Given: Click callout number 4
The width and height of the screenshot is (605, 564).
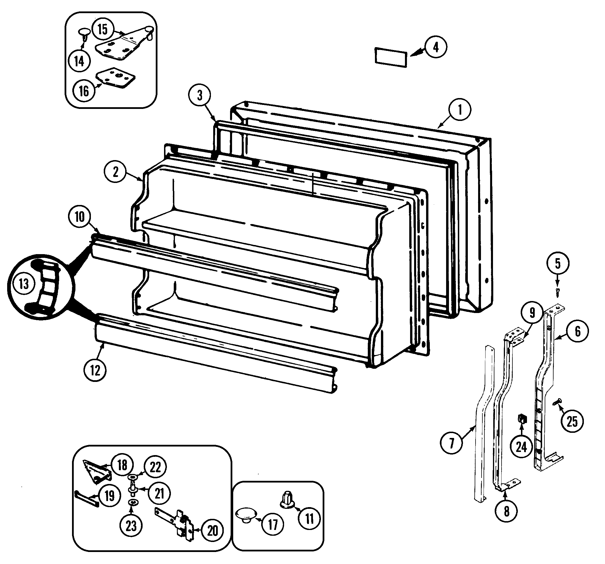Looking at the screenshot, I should pos(436,47).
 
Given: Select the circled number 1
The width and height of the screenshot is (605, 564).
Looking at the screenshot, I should pos(460,109).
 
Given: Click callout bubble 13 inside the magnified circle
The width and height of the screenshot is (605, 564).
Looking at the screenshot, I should pos(24,284).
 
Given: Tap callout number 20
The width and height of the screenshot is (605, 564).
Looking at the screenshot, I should pos(212,531).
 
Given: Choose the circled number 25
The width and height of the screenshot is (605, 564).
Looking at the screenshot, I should pos(572,422).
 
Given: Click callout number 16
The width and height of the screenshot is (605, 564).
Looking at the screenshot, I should pos(84,91).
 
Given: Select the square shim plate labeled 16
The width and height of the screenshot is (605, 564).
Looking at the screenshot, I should pos(116,78).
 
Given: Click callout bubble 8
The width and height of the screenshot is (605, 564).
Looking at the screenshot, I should pos(506,511).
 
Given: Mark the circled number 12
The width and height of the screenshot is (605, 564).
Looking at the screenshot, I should pos(95,370).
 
